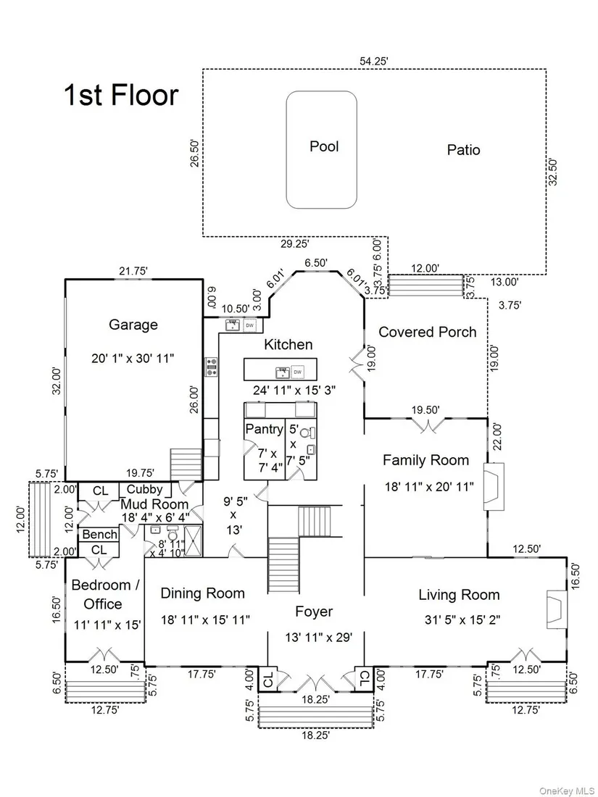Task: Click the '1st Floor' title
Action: pos(121,95)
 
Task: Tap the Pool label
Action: pos(324,146)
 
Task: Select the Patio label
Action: pos(463,150)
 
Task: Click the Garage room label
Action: pos(133,325)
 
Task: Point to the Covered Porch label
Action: pos(428,332)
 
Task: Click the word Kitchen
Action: pos(288,344)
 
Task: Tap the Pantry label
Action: pos(264,429)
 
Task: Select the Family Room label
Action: pos(425,459)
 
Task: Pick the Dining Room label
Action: pos(202,593)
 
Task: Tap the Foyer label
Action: pos(314,612)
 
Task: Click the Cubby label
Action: pos(144,490)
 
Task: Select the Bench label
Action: pos(99,535)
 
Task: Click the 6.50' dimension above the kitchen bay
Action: pos(316,263)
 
